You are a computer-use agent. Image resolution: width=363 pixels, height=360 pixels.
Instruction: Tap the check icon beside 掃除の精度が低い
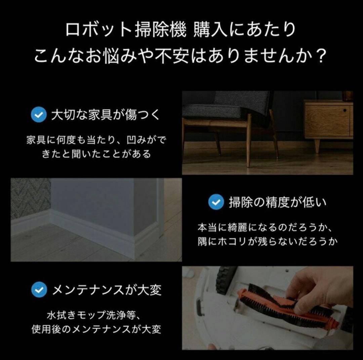point(216,202)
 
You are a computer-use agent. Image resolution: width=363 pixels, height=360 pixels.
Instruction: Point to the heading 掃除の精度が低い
point(277,203)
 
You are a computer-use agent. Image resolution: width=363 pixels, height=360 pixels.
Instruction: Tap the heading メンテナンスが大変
point(107,290)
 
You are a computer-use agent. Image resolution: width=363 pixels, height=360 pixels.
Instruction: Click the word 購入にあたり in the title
point(245,30)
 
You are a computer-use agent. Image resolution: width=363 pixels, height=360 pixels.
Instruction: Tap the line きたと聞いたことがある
point(96,154)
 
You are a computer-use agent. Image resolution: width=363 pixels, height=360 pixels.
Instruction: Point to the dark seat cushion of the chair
point(215,111)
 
